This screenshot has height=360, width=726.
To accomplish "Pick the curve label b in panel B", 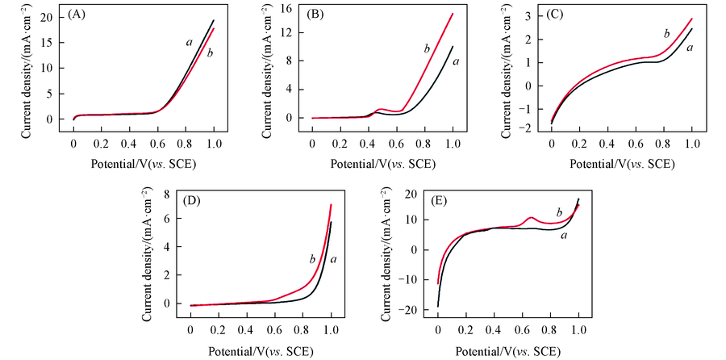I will (426, 49).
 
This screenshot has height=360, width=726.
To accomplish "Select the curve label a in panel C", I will (690, 48).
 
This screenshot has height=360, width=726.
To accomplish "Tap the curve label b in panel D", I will (311, 259).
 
